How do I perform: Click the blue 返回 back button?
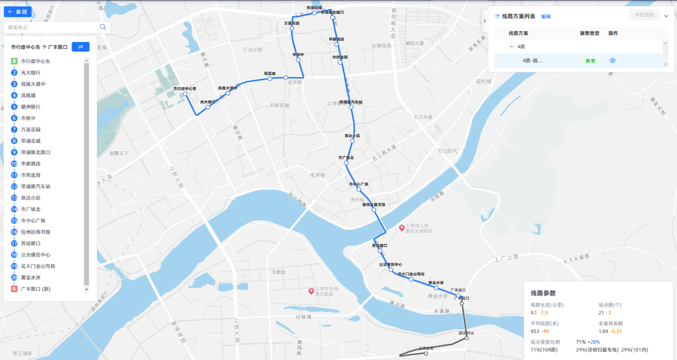pos(17,12)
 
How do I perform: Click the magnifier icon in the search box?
pos(103,28)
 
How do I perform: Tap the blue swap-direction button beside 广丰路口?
pos(81,47)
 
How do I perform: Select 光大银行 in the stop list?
pos(31,73)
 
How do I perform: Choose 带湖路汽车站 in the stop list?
pos(36,186)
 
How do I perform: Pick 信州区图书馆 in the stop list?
pos(36,232)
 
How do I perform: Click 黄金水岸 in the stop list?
pos(31,277)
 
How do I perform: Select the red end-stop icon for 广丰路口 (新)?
pos(14,289)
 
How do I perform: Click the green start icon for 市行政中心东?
pos(14,61)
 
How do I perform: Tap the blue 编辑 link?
pos(546,16)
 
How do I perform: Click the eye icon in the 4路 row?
pos(613,61)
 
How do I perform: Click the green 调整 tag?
pos(590,61)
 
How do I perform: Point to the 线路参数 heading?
pos(543,293)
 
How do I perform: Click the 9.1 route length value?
pos(533,312)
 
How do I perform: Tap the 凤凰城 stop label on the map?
pos(270,73)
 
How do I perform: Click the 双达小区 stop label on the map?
pos(352,135)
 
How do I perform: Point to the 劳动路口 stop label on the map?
pos(379,245)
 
